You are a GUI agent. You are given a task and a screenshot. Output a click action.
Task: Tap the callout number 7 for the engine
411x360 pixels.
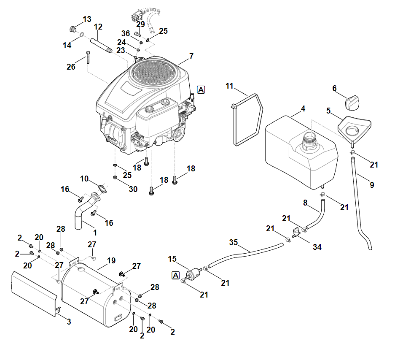(x=191, y=56)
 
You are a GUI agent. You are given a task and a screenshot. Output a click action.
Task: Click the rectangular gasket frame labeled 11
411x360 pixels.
(x=247, y=120)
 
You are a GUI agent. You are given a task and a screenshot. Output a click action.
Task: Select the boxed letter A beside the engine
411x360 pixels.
(x=201, y=89)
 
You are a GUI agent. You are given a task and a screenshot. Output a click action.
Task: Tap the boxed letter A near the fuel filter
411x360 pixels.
(x=175, y=276)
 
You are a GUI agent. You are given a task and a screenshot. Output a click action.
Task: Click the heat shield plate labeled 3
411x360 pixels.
(x=34, y=291)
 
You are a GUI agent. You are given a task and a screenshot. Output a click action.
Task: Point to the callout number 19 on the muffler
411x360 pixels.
(x=111, y=261)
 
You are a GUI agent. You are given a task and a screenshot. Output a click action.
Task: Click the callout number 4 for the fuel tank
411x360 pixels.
(x=303, y=109)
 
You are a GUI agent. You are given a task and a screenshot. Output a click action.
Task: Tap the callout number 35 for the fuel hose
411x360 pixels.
(x=234, y=242)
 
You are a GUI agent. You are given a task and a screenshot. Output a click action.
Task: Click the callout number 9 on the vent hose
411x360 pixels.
(x=372, y=184)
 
